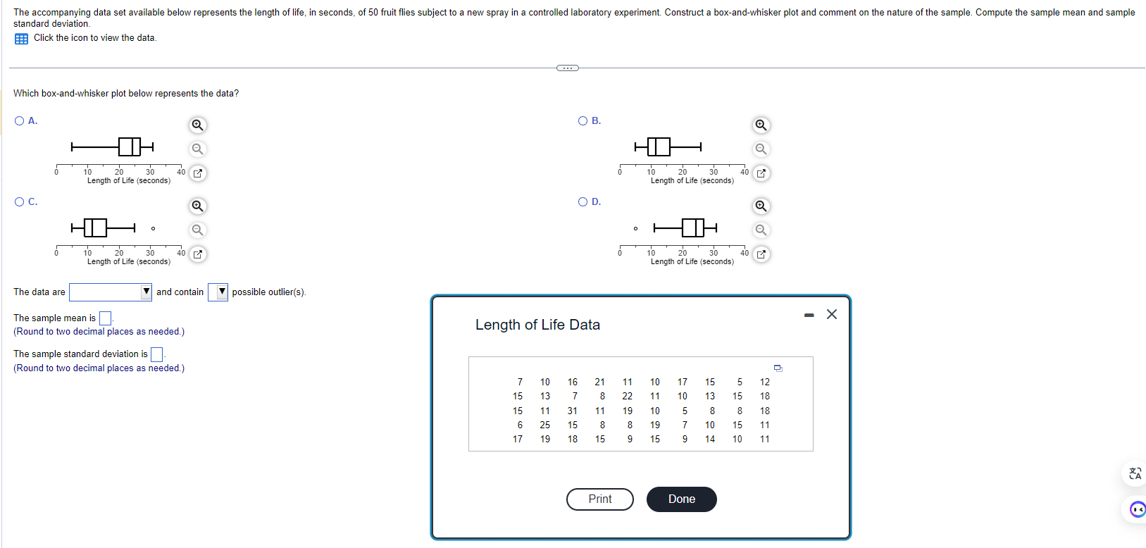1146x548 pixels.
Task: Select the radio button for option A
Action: tap(19, 121)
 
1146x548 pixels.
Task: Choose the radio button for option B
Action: tap(583, 121)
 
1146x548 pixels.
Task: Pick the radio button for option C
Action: tap(19, 202)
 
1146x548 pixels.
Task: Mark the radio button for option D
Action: tap(583, 202)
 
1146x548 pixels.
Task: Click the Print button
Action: tap(599, 499)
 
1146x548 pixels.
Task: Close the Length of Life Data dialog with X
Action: tap(831, 314)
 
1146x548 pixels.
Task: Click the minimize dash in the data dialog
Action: tap(809, 315)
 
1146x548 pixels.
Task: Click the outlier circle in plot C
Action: tap(153, 228)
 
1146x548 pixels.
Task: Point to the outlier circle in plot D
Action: tap(635, 228)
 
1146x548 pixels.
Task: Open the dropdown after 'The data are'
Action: tap(111, 292)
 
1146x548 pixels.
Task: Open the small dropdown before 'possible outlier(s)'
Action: tap(218, 292)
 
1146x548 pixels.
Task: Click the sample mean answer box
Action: tap(105, 318)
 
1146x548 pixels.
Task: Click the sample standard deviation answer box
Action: tap(157, 354)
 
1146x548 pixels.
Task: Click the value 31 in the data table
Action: tap(572, 411)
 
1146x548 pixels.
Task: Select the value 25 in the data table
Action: tap(544, 425)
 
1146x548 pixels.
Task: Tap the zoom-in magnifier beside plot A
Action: tap(198, 125)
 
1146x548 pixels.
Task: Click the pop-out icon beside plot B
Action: tap(761, 173)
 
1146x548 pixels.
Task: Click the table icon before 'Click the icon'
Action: tap(21, 39)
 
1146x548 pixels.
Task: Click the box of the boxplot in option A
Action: tap(130, 147)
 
